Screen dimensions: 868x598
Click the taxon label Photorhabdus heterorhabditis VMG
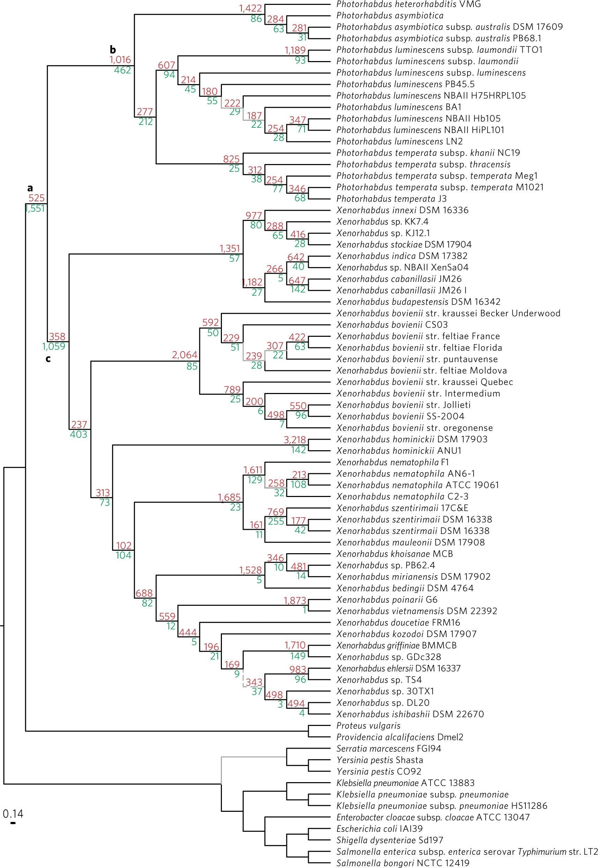(x=409, y=4)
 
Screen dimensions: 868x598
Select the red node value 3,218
(x=294, y=440)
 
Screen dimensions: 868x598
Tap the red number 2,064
(x=184, y=355)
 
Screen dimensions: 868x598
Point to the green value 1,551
(x=35, y=208)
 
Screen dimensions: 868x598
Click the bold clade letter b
(x=112, y=50)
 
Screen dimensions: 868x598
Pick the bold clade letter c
(x=48, y=359)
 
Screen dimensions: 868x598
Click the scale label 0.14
(x=13, y=814)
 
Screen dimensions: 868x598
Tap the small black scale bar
(x=13, y=823)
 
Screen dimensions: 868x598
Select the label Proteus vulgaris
(x=368, y=726)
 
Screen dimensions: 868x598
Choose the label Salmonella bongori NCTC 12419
(x=403, y=863)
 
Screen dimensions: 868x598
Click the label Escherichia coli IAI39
(x=380, y=829)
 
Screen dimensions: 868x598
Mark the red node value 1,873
(x=294, y=600)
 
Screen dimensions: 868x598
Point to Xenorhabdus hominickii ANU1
(x=399, y=451)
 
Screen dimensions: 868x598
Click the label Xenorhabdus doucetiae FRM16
(x=398, y=623)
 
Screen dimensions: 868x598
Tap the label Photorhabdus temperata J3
(x=391, y=199)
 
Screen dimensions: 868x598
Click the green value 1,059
(x=54, y=346)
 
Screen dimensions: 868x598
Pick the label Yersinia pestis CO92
(x=379, y=771)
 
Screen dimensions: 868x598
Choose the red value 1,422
(x=250, y=8)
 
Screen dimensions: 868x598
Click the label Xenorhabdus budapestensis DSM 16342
(x=418, y=302)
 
